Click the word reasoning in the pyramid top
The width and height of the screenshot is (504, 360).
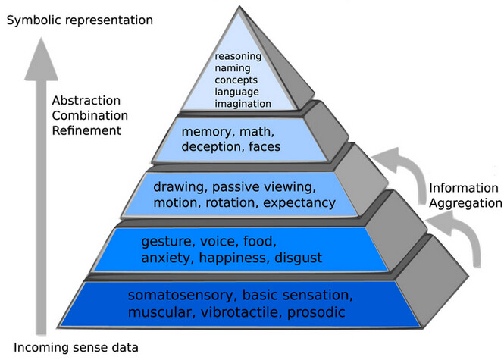(239, 56)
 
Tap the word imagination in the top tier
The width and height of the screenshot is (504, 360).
(243, 103)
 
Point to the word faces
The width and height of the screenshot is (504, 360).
(262, 146)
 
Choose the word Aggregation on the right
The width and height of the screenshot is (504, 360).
(465, 202)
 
